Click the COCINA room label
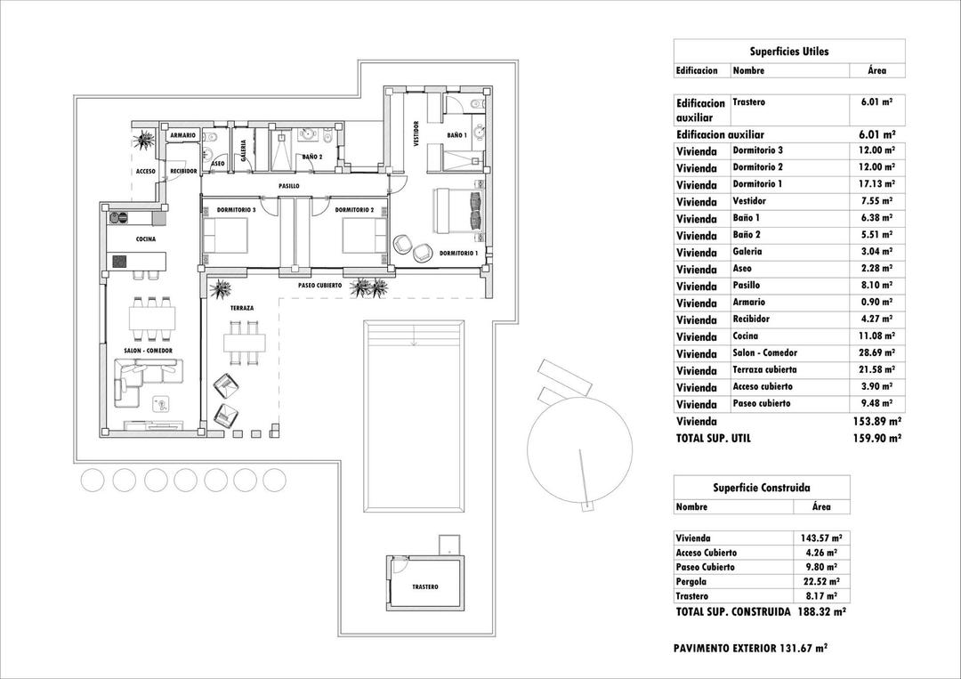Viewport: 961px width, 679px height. pos(146,239)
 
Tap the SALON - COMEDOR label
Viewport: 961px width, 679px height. pos(148,352)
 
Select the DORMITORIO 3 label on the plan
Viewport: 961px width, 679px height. pos(236,210)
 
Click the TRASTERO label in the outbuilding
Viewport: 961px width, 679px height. pos(425,587)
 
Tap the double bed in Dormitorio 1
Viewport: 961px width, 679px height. pos(458,211)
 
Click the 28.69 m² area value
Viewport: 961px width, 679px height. pos(876,353)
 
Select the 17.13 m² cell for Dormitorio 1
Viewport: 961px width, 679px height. pos(876,184)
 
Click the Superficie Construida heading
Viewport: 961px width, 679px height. pos(761,488)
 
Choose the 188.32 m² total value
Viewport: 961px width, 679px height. pos(820,612)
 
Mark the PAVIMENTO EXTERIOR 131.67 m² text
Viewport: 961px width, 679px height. pos(751,649)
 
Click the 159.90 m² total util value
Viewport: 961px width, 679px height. pos(876,438)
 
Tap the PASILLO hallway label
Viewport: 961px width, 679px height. pos(288,186)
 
